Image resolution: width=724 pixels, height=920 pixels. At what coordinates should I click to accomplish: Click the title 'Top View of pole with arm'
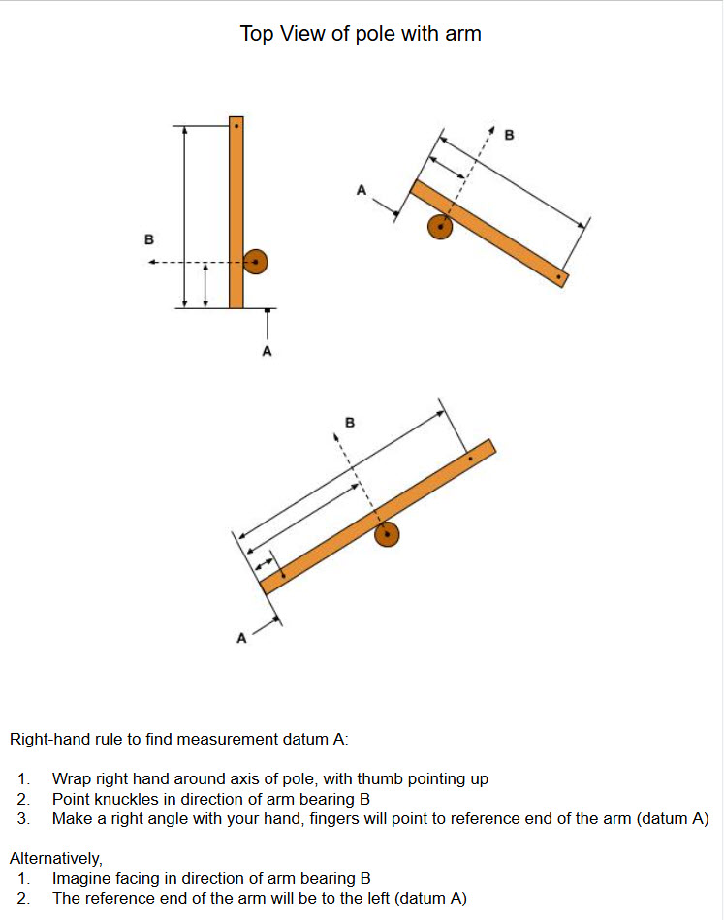361,34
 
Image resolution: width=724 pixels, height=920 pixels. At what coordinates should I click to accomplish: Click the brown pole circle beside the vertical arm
255,262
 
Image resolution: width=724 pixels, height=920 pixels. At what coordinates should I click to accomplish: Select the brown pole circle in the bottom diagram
388,534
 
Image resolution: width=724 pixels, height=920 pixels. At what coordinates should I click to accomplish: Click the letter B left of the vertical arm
148,238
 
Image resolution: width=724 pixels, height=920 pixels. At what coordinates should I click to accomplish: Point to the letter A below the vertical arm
268,351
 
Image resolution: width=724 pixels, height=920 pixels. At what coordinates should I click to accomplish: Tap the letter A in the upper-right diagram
362,191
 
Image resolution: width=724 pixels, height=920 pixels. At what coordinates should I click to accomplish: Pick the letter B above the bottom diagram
350,423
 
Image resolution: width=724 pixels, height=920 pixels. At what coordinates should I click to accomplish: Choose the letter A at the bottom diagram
242,638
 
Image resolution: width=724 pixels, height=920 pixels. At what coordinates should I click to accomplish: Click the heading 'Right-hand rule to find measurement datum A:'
178,740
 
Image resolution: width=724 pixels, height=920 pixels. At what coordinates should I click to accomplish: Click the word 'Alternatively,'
55,858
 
